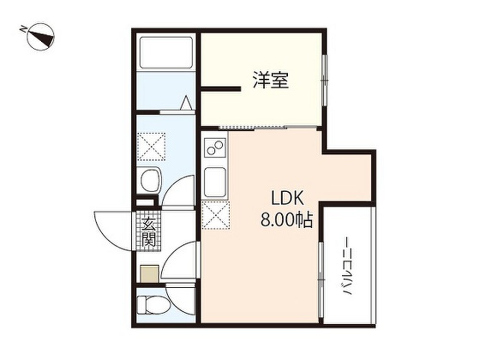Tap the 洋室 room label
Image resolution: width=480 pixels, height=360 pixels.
pos(270,80)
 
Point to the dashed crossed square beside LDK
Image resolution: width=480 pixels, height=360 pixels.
pos(216,216)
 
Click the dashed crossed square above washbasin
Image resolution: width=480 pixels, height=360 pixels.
pos(151,146)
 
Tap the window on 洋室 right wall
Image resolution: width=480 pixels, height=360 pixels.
pos(324,80)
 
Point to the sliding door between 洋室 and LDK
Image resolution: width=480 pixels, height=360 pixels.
pos(253,128)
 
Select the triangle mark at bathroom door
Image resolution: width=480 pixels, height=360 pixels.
pos(186,102)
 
